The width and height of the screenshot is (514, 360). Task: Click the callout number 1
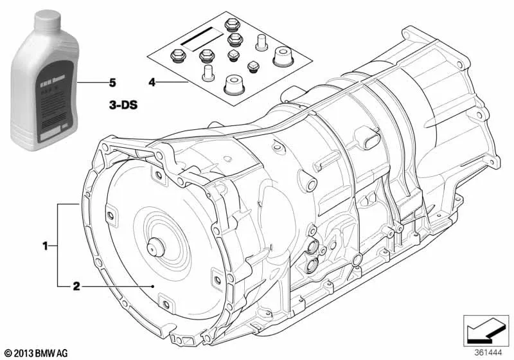[x=45, y=245]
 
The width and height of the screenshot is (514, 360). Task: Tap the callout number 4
[x=152, y=82]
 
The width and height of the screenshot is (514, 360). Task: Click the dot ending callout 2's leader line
[x=152, y=285]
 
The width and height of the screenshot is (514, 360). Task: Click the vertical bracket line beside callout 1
[x=58, y=244]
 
